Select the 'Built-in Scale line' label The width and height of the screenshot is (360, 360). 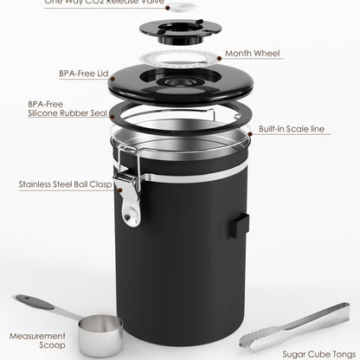click(292, 128)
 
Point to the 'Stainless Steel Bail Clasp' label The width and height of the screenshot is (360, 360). click(66, 184)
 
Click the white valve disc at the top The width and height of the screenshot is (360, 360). click(181, 7)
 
